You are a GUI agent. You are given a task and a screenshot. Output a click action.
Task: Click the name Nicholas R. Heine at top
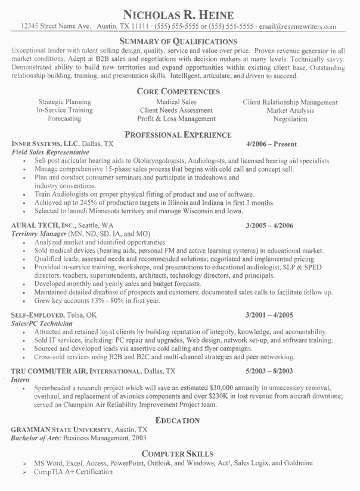click(179, 14)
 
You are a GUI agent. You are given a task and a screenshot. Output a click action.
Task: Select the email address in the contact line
click(297, 27)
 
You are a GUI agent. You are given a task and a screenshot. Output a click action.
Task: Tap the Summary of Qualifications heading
click(179, 42)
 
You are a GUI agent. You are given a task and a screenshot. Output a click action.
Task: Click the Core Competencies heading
click(179, 92)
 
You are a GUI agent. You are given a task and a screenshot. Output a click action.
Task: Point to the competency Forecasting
click(64, 119)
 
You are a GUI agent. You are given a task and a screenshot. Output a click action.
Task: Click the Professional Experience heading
click(179, 135)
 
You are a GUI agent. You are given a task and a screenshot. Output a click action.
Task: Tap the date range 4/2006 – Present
click(271, 144)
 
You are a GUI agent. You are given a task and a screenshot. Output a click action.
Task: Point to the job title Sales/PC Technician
click(42, 322)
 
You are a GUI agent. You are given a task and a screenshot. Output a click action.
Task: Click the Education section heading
click(179, 420)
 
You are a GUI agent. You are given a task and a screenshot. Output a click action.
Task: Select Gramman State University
click(61, 429)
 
